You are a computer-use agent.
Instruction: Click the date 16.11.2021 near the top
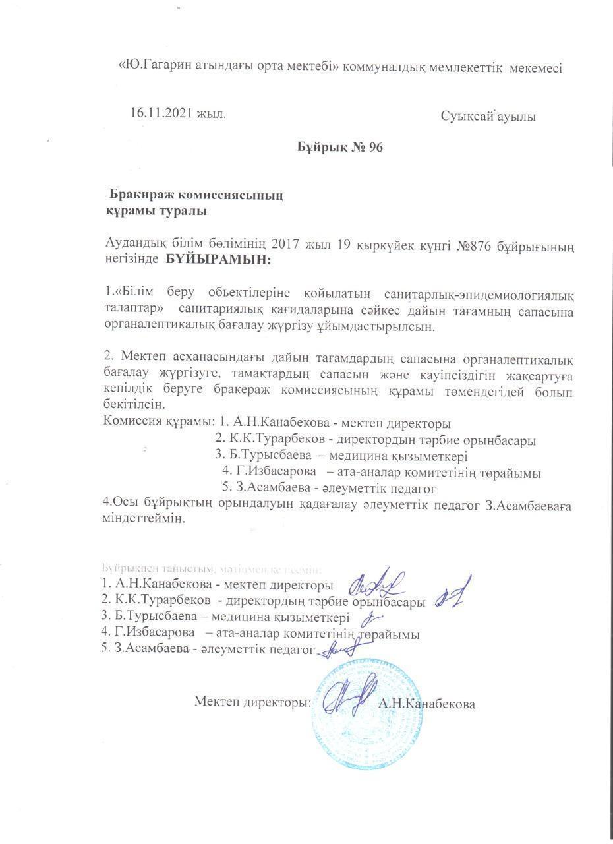pos(160,113)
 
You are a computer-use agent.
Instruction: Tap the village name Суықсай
pos(468,117)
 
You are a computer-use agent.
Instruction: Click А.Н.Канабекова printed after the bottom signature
pos(426,704)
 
